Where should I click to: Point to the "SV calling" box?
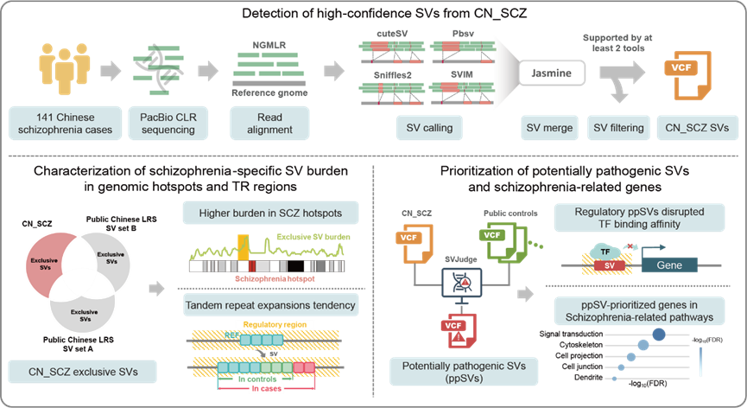point(423,128)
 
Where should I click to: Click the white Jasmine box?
point(550,74)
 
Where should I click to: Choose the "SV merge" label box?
point(549,128)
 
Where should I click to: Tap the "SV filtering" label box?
point(617,128)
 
